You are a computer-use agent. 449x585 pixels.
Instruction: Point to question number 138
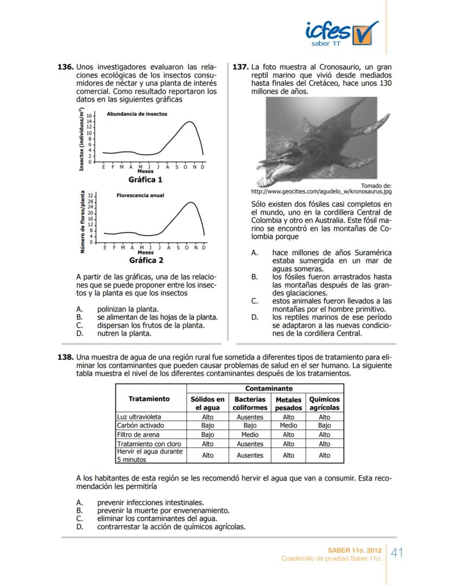point(65,358)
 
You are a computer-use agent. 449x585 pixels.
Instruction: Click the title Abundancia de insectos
point(137,114)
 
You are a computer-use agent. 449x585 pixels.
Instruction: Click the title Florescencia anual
point(140,195)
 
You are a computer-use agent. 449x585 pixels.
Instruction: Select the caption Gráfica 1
point(145,180)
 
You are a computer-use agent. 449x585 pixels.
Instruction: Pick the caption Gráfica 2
point(146,260)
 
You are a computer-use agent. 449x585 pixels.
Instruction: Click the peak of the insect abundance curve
point(189,122)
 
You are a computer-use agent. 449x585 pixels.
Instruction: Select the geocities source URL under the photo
point(322,192)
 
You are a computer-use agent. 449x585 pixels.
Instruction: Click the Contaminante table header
point(269,389)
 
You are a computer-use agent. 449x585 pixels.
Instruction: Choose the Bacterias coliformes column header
point(250,403)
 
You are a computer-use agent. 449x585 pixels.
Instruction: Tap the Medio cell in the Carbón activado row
point(288,425)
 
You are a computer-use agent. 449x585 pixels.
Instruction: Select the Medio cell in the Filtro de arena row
point(250,434)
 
